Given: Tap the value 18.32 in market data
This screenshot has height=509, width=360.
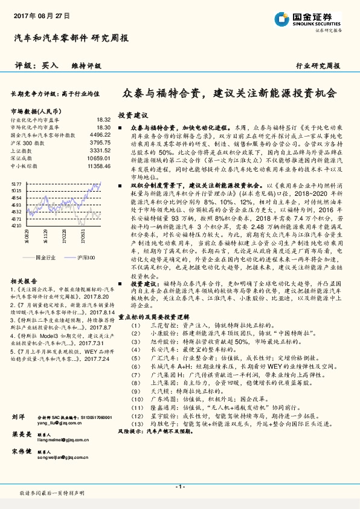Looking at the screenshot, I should tap(103, 120).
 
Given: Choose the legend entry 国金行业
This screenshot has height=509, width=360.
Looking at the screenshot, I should tap(46, 258).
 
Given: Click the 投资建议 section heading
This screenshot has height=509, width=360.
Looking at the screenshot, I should tap(133, 115).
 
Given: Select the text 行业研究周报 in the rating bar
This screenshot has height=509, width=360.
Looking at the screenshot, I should tap(318, 66).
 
